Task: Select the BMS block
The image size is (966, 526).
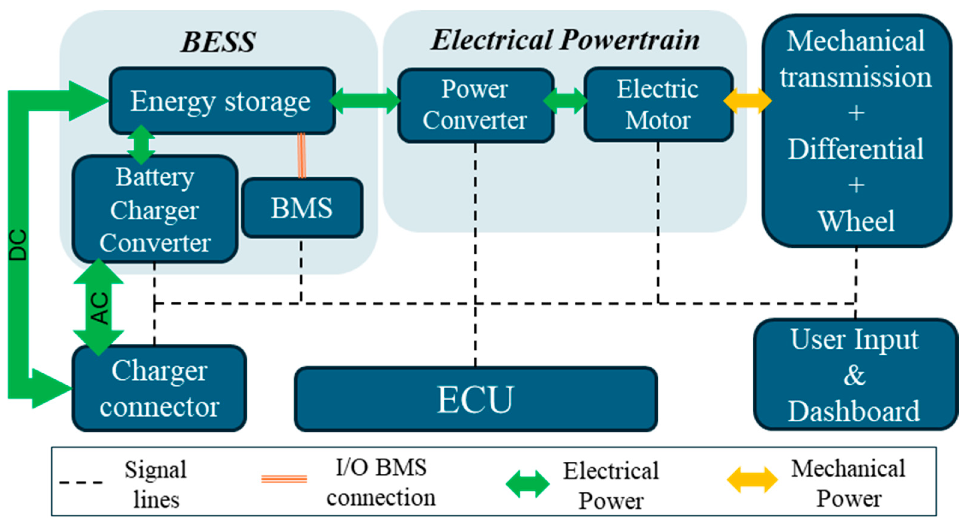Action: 302,208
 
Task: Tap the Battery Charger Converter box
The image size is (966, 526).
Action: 154,210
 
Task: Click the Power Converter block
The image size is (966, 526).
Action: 475,105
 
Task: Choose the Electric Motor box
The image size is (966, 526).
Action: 658,105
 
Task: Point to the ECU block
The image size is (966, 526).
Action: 475,399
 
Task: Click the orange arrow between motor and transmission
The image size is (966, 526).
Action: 747,101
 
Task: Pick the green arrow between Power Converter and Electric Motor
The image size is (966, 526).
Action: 565,101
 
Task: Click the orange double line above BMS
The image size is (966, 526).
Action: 301,156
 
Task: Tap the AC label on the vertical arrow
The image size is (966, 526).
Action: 100,308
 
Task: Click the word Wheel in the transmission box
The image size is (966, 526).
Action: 856,221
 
